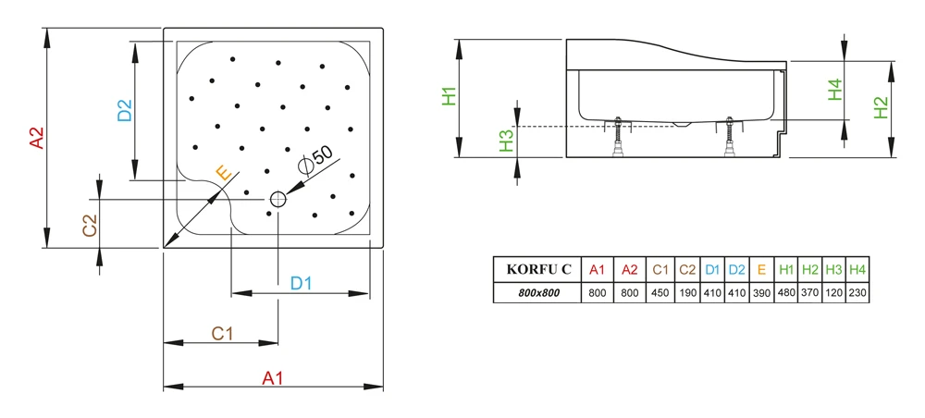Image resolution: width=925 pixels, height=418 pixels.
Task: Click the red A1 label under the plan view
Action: coord(273,378)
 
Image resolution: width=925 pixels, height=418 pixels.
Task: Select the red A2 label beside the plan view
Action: coord(38,139)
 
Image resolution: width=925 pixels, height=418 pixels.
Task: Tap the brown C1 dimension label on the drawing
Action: coord(222,334)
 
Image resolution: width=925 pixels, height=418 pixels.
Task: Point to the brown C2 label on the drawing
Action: coord(89,226)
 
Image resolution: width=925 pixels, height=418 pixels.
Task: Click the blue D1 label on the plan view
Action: coord(301,284)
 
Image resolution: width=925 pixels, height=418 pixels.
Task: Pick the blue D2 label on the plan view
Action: coord(125,110)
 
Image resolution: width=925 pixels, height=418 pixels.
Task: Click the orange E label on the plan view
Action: coord(223,173)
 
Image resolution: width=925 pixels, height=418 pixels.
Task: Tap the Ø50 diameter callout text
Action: coord(315,159)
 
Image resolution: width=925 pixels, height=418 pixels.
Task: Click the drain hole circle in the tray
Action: coord(277,200)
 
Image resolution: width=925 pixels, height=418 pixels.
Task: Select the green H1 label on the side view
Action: coord(450,95)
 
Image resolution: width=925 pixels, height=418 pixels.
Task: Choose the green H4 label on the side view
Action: coord(834,90)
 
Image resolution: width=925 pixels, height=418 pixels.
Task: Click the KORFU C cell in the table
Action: coord(538,270)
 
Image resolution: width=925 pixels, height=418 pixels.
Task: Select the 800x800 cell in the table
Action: coord(538,292)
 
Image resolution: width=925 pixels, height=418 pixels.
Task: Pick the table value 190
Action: coord(687,293)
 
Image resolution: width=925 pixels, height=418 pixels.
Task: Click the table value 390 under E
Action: coord(762,293)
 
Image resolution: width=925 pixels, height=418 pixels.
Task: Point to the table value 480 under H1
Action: coord(786,293)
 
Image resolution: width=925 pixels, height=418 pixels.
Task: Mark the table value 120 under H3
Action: coord(833,293)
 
